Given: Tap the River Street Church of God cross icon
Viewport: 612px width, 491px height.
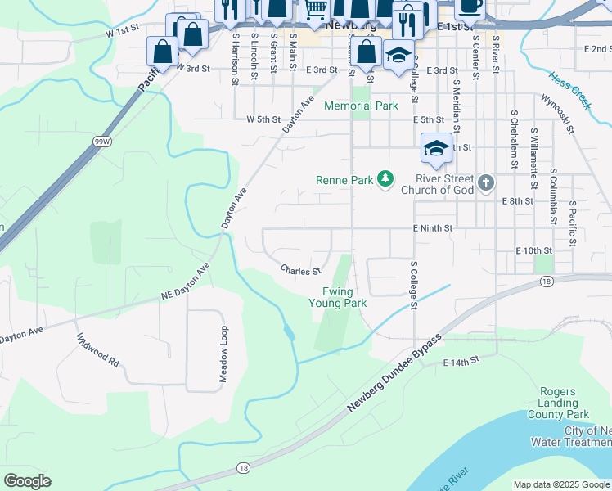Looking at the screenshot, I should click(486, 182).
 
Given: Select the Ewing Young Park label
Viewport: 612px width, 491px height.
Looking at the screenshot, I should click(337, 296).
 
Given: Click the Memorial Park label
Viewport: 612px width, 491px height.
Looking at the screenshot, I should click(361, 106).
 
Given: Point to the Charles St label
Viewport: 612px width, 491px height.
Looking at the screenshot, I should click(300, 269).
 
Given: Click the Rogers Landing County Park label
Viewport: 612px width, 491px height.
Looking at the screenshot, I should click(565, 403).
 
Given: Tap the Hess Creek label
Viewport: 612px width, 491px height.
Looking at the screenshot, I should click(569, 89).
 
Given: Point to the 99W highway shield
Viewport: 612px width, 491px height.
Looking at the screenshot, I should click(102, 142).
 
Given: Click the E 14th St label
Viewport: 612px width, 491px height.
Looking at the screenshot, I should click(459, 362).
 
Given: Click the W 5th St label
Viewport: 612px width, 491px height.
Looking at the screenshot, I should click(263, 119).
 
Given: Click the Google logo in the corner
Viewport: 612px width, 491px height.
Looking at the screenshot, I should click(27, 481).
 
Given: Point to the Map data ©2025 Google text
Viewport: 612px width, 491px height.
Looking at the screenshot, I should click(560, 484).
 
